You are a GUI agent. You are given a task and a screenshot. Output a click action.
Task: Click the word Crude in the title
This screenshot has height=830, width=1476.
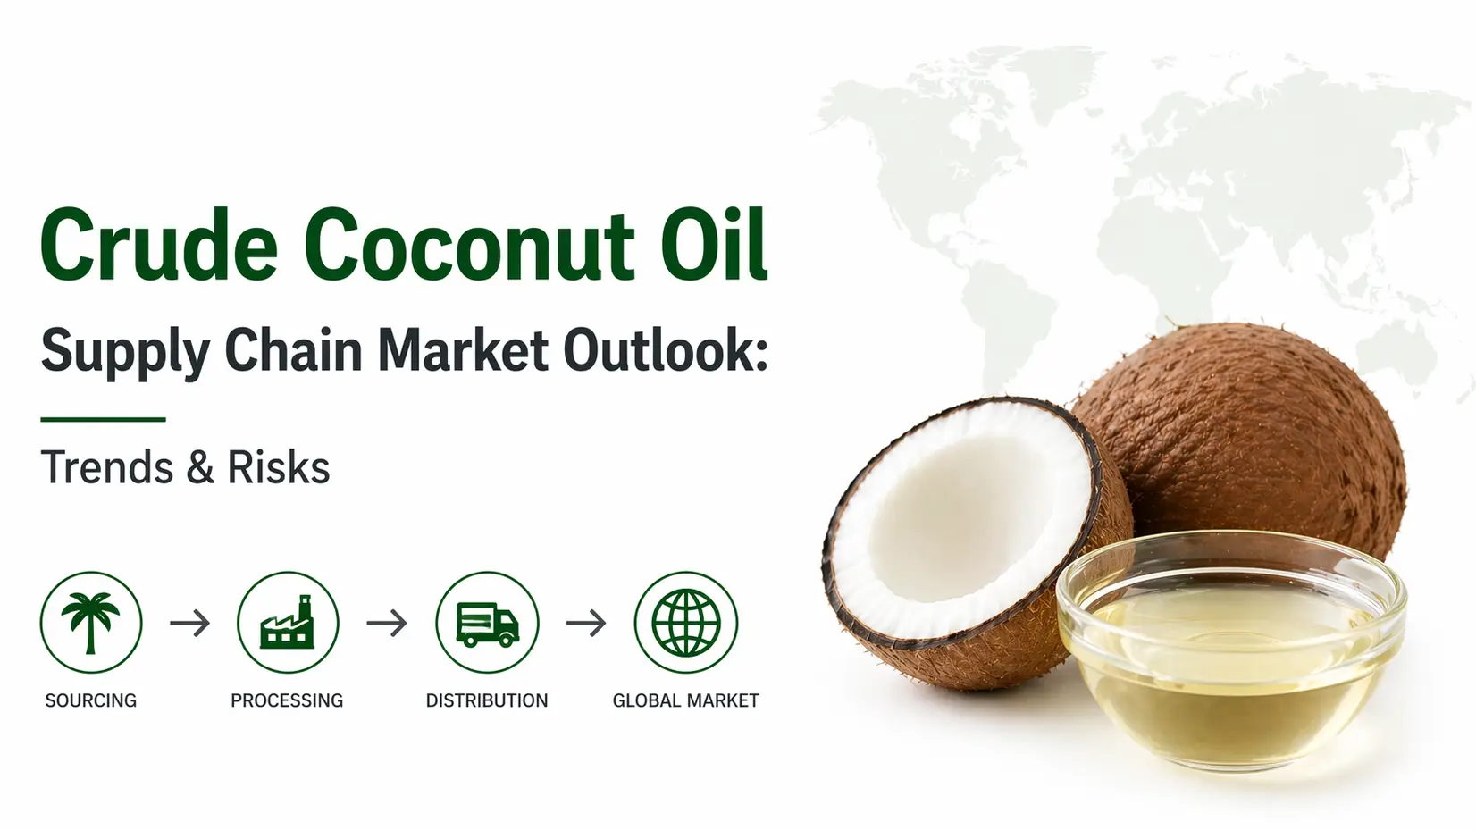159,245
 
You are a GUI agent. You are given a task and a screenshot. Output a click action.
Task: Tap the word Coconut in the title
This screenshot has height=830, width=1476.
468,245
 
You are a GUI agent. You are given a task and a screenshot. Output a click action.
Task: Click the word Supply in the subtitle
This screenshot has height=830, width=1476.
125,352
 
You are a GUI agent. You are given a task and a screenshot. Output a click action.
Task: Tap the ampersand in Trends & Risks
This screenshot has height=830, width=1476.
200,467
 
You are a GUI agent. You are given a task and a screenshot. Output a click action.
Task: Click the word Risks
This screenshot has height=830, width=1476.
279,466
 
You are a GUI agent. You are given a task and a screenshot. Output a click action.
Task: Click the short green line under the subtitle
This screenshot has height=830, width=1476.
103,419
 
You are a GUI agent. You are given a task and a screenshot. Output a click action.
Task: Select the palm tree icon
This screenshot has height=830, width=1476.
91,623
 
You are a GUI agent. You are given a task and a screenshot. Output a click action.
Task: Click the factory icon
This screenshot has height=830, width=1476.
288,623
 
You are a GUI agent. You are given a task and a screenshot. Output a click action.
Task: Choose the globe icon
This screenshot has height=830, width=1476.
686,623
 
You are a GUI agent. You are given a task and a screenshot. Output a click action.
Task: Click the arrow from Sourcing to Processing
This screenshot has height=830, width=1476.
189,623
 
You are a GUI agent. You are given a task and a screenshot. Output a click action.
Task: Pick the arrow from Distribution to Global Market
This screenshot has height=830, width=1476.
586,623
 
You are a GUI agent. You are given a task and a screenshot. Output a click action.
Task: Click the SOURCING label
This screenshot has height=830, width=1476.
91,700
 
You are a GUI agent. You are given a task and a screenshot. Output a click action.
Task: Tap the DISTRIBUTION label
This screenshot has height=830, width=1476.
487,700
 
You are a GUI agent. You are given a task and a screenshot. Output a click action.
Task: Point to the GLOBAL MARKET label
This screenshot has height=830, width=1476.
686,700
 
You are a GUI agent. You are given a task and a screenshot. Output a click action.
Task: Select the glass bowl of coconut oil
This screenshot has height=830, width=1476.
1231,652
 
